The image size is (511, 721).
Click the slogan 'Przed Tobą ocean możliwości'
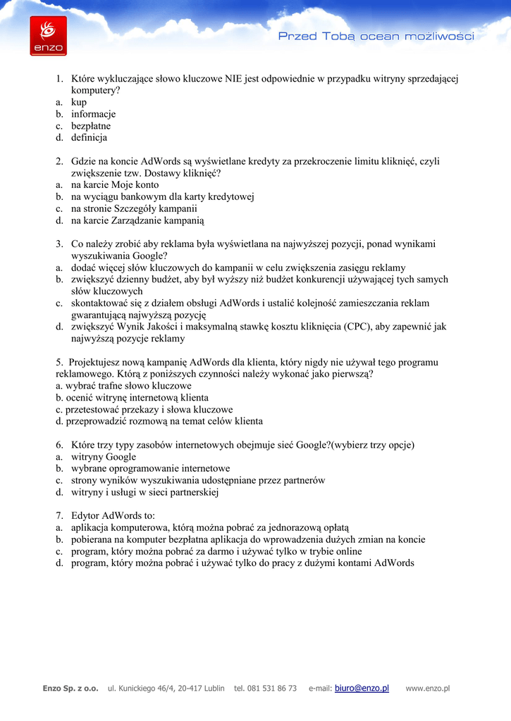376,36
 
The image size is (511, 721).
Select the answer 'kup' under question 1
79,102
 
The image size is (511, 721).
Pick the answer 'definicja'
89,137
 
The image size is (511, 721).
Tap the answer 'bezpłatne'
91,125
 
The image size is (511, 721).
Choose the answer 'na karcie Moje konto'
115,184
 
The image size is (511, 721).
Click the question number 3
60,244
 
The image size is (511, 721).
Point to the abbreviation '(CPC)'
361,326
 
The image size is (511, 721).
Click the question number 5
59,362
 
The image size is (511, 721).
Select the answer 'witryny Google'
104,456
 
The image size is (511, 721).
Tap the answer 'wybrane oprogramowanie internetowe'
150,468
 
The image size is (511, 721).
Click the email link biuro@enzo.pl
362,688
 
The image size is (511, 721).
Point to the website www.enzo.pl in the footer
428,688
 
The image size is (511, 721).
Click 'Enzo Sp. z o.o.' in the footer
70,688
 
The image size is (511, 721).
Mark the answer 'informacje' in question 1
93,113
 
